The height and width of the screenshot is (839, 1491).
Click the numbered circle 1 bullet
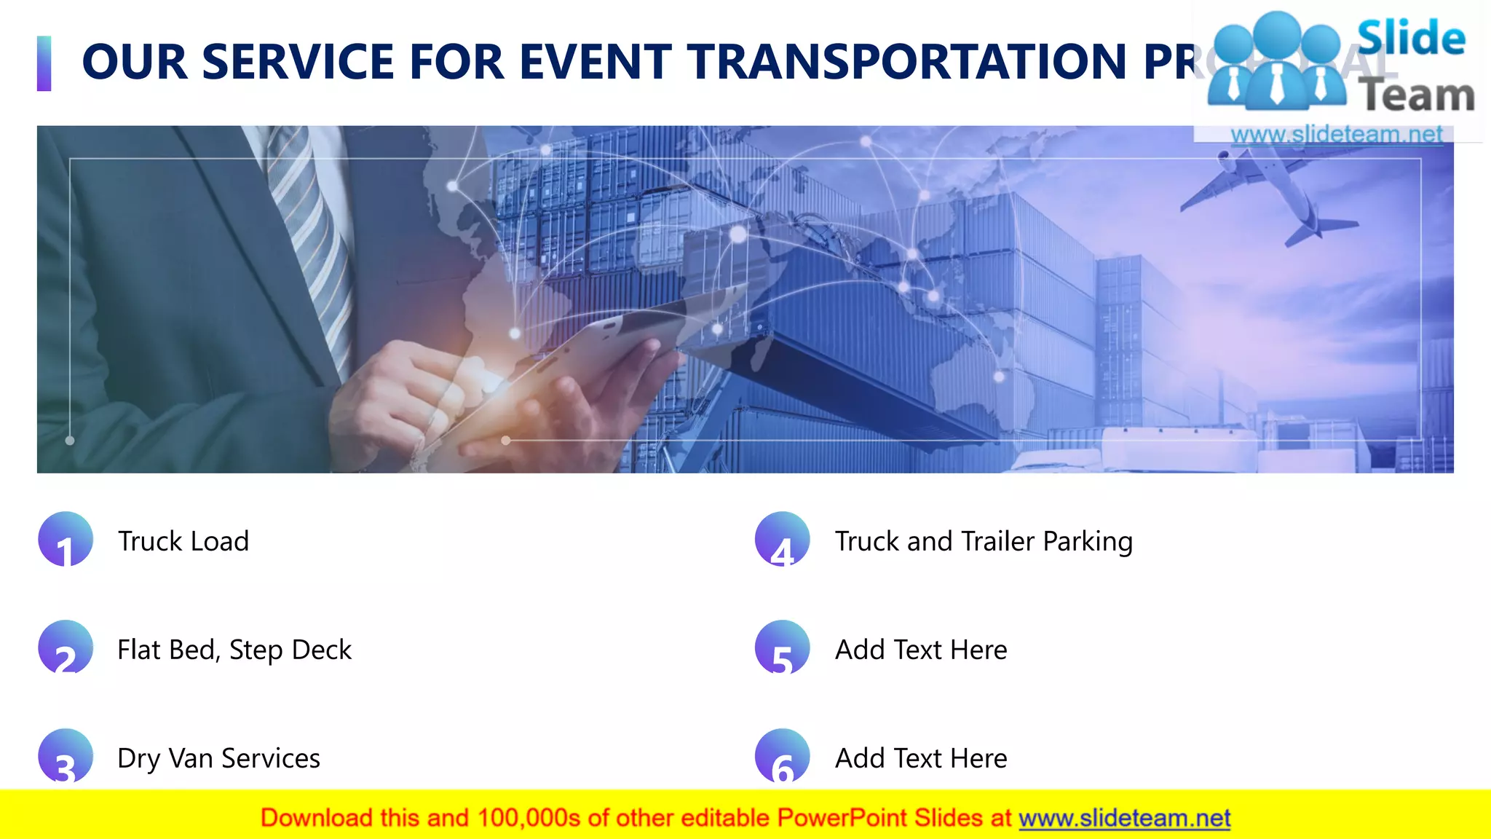[x=66, y=540]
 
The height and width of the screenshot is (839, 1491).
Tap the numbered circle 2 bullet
[x=66, y=647]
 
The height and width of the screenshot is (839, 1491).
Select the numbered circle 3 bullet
[x=66, y=756]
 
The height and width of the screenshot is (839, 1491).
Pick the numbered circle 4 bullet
[x=783, y=540]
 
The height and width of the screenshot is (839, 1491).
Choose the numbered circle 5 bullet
[x=783, y=647]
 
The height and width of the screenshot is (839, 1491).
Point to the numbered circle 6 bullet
[x=783, y=756]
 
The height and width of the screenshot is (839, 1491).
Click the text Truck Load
[x=183, y=541]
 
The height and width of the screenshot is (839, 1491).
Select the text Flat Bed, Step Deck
[x=234, y=650]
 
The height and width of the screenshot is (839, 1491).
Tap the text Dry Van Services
[x=218, y=758]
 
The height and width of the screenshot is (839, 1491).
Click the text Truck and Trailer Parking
[x=984, y=541]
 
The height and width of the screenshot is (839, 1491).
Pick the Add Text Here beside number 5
[x=921, y=650]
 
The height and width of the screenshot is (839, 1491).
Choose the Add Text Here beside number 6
[x=921, y=758]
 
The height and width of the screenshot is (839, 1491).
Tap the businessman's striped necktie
[x=309, y=233]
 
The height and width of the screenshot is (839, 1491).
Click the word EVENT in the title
[x=596, y=62]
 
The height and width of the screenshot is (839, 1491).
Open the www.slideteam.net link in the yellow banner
[x=1124, y=819]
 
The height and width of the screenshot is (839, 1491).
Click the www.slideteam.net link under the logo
[x=1337, y=135]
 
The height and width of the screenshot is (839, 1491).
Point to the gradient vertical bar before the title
[x=44, y=63]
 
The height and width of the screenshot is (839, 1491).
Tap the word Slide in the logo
[x=1411, y=38]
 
